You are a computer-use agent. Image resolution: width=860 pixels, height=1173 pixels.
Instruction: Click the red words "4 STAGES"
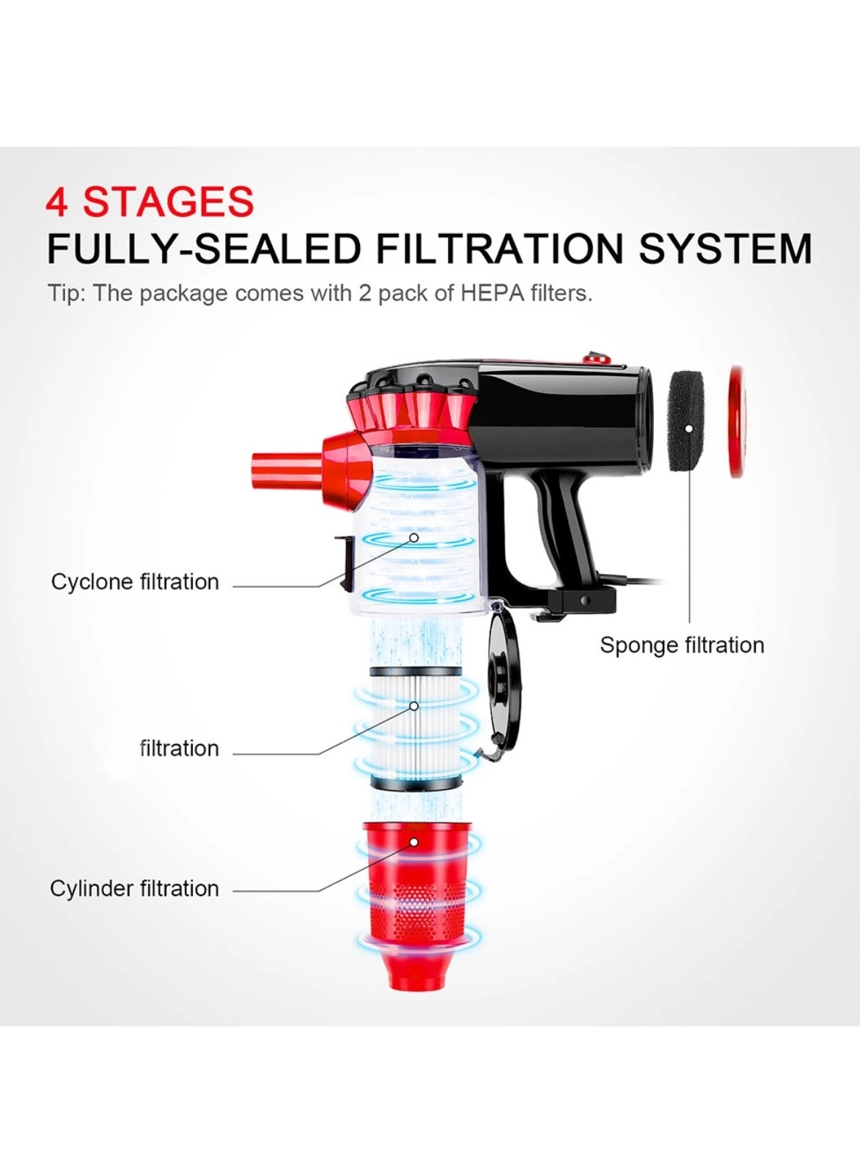click(150, 202)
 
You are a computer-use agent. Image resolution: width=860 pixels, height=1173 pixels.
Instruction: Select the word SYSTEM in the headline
click(725, 249)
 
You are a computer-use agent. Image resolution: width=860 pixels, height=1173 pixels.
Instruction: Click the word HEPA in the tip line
click(493, 293)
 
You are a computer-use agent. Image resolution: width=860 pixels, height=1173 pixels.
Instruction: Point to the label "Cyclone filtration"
click(135, 582)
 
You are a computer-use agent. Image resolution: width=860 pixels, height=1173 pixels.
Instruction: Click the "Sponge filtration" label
click(682, 645)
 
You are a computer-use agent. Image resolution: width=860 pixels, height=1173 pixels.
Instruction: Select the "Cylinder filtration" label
click(134, 889)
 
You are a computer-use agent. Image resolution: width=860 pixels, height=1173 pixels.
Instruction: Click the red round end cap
click(736, 422)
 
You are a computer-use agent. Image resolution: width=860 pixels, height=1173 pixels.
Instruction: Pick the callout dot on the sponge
click(688, 429)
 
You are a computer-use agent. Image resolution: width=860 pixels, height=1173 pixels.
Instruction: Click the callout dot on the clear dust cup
click(414, 538)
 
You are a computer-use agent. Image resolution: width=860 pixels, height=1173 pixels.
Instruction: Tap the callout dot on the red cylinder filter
click(414, 842)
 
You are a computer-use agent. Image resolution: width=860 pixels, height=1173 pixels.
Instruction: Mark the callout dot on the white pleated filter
click(414, 707)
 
